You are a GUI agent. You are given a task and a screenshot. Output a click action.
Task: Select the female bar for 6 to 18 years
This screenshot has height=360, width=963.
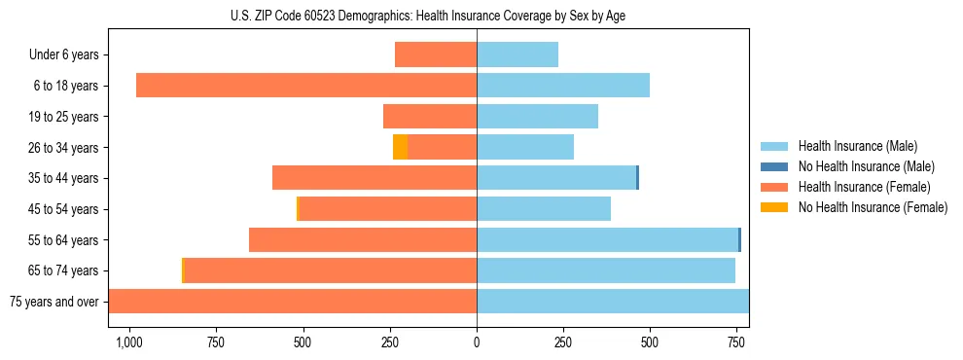tap(306, 86)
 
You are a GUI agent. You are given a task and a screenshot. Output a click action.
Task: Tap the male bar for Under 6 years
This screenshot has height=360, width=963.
tap(517, 55)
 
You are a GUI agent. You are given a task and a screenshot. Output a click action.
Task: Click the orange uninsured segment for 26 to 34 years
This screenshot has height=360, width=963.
tap(400, 147)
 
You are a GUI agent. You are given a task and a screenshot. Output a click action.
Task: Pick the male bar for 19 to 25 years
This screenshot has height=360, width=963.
tap(537, 117)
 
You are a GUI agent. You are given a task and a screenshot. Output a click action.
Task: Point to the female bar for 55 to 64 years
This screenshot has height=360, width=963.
tap(363, 239)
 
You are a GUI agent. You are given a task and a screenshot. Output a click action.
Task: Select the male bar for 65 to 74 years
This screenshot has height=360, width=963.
tap(605, 270)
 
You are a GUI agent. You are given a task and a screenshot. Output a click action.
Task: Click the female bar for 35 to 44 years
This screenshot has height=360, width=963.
tap(374, 178)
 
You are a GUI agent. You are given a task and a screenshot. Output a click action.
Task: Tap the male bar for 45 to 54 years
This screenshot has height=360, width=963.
tap(544, 208)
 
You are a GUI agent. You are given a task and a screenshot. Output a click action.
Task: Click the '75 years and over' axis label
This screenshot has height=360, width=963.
tap(54, 302)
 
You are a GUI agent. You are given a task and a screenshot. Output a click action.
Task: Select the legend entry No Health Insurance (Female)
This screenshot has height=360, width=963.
tap(873, 207)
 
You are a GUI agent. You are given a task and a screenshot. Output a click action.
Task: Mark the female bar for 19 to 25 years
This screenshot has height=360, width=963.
tap(430, 117)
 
